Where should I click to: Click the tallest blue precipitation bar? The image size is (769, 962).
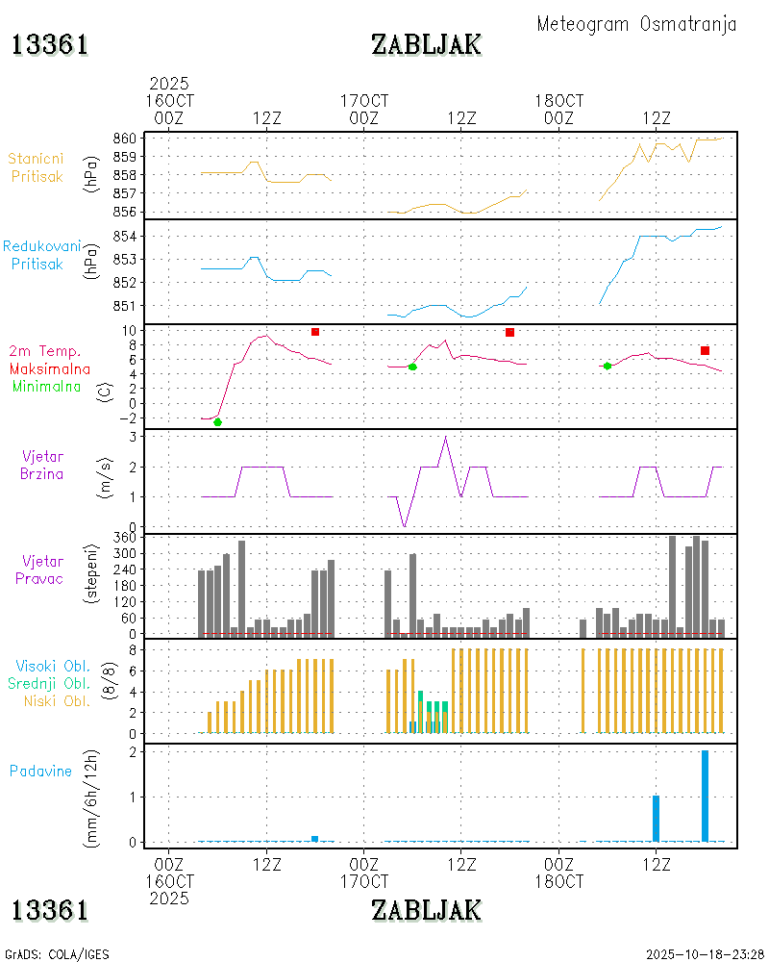click(705, 796)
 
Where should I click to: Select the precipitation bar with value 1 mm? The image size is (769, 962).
click(656, 819)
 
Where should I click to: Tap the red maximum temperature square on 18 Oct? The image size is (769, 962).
click(705, 350)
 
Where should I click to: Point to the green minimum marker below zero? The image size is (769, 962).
click(217, 422)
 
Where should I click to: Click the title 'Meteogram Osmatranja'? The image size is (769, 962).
click(636, 24)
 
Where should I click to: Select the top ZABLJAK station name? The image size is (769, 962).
click(426, 44)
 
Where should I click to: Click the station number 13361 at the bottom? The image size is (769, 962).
click(50, 909)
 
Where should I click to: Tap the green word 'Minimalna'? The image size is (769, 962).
click(44, 386)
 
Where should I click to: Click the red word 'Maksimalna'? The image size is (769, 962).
click(50, 368)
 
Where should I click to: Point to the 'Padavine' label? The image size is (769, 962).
click(40, 771)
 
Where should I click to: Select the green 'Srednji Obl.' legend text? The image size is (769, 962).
click(51, 683)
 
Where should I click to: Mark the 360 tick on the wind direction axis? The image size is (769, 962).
click(126, 537)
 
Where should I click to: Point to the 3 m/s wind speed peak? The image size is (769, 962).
click(445, 438)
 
